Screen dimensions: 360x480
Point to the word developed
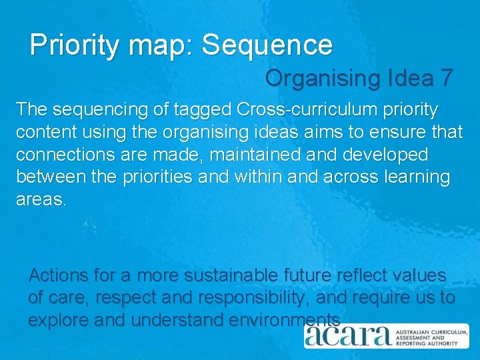(x=387, y=155)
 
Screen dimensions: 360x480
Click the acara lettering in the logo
(x=347, y=335)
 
